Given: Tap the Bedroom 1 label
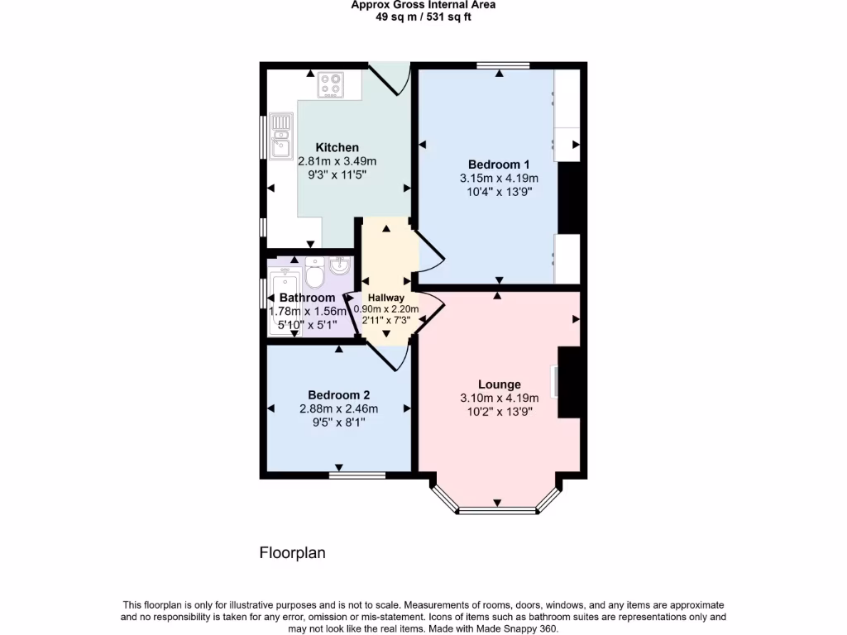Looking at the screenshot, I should click(x=499, y=164).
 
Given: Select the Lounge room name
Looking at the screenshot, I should click(x=500, y=384).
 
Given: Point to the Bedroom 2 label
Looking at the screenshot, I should click(x=338, y=394).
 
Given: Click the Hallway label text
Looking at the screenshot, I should click(x=386, y=298).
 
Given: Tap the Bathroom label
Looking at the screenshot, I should click(x=307, y=298).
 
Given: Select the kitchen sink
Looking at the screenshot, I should click(x=281, y=136).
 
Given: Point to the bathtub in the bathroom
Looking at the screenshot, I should click(x=284, y=302).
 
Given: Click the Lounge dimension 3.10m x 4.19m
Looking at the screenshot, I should click(x=499, y=398).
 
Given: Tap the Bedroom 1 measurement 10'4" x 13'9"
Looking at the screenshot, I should click(x=499, y=192).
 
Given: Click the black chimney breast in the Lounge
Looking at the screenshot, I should click(x=571, y=383).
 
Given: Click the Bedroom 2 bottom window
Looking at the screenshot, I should click(x=357, y=475).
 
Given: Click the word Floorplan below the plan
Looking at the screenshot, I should click(x=292, y=553).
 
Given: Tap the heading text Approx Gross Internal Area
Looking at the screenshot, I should click(x=423, y=5).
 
